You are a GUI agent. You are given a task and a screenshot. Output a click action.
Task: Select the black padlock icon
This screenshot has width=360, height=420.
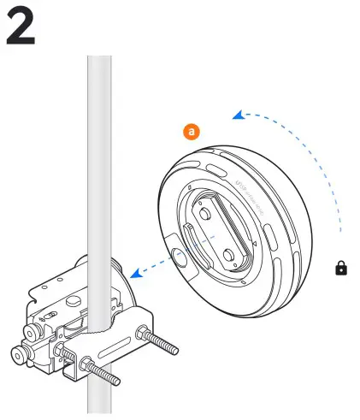(x=341, y=268)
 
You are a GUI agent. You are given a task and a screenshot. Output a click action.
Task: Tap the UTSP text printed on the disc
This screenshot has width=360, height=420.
(x=243, y=183)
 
